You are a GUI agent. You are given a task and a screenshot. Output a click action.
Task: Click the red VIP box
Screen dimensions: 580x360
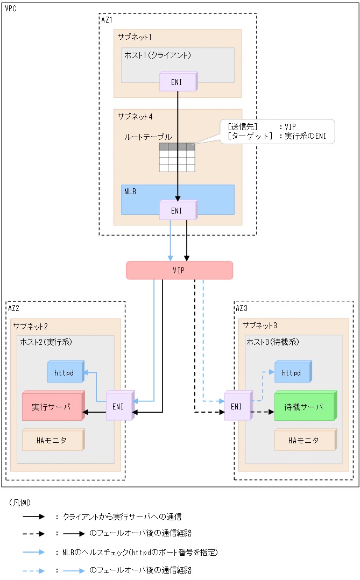pos(179,270)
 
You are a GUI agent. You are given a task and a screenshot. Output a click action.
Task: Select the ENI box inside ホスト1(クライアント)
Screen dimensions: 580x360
pos(177,82)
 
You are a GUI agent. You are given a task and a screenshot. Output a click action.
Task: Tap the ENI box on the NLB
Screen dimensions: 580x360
pos(177,210)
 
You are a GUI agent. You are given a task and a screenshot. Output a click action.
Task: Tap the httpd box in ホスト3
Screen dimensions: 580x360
pos(292,372)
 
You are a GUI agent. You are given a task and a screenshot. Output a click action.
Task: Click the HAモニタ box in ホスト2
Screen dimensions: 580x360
pos(52,440)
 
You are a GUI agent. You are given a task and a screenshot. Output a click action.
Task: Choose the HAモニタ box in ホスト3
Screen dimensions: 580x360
pos(305,440)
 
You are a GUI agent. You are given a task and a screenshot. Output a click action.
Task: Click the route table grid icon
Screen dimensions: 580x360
pos(177,157)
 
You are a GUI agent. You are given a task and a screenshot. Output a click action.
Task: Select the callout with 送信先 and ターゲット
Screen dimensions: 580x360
pos(278,131)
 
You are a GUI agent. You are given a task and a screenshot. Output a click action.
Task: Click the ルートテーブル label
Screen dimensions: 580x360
pos(148,137)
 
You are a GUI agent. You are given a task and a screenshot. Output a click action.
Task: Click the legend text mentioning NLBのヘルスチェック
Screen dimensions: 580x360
pos(140,552)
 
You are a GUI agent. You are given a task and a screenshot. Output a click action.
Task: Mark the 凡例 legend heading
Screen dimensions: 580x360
pos(20,502)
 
